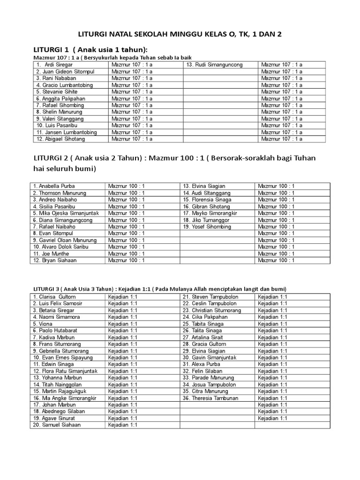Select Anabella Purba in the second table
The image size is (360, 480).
click(x=54, y=186)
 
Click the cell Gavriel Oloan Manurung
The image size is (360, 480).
click(x=64, y=240)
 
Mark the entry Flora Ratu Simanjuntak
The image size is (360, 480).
click(x=65, y=371)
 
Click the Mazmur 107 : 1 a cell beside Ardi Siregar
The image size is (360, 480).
click(x=132, y=65)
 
